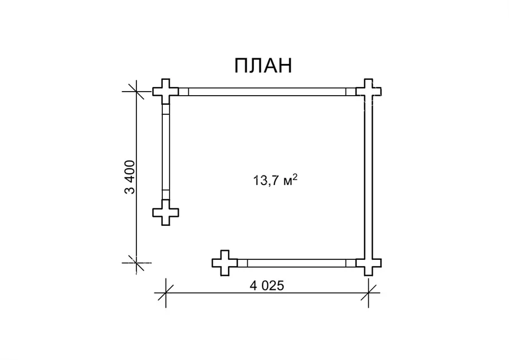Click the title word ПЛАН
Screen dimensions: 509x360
point(263,66)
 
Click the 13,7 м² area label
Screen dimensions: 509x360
point(275,179)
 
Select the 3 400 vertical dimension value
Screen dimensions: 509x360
point(130,177)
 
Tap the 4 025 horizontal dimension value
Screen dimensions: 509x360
point(267,286)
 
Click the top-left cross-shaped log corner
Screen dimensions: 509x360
point(166,91)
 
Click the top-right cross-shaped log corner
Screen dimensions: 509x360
point(368,91)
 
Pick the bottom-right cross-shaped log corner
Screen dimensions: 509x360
point(368,263)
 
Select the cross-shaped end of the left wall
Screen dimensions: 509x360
point(166,212)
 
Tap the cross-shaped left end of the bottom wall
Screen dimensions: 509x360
point(225,263)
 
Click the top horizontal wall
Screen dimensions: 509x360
point(267,92)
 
